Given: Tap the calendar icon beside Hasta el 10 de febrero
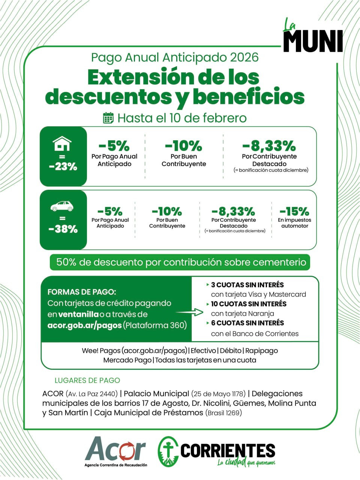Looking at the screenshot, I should [108, 118].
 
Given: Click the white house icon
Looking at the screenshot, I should [62, 143].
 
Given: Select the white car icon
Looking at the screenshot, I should [62, 206].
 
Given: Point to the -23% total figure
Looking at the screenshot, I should [63, 166].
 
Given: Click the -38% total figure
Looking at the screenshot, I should [63, 229].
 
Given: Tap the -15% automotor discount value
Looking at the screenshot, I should [294, 211].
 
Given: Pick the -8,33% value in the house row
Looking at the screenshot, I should [269, 145].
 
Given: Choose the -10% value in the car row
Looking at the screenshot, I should [167, 211].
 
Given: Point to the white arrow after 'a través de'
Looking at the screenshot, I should [189, 312].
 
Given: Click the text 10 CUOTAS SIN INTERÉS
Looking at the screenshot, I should [249, 304].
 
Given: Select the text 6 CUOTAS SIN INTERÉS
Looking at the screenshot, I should [247, 323].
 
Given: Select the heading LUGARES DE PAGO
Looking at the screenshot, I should [87, 380].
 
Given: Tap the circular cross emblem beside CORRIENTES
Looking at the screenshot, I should [168, 451].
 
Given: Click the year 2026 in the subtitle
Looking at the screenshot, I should [244, 57].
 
